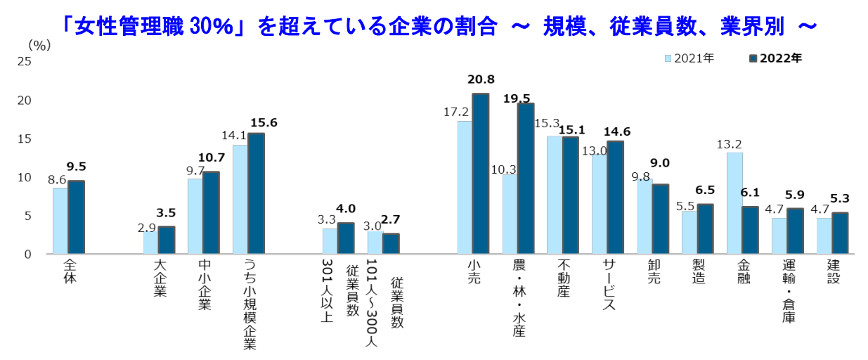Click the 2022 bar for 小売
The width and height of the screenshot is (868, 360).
coord(481,174)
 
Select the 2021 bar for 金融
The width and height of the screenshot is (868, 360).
coord(734,203)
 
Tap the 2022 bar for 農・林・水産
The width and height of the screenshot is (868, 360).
coord(526,179)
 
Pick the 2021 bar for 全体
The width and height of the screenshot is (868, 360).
coord(60,221)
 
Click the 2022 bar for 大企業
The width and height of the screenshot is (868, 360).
coord(167,240)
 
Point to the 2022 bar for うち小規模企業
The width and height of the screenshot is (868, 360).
coord(256,193)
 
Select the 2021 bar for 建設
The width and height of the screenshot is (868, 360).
coord(824,236)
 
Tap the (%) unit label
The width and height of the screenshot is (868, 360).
coord(39,44)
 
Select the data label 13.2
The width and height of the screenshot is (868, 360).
coord(730,143)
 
